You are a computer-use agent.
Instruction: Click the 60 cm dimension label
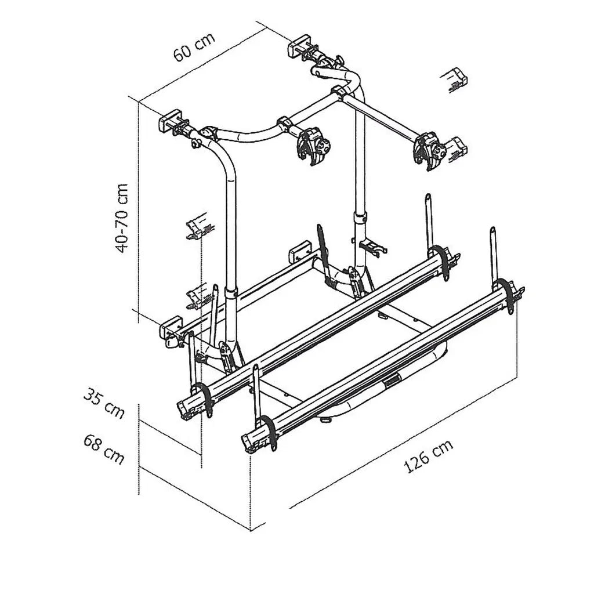[194, 46]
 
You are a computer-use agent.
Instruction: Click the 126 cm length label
[428, 457]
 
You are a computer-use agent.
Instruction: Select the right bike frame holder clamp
[430, 151]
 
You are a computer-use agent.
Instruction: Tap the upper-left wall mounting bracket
[173, 122]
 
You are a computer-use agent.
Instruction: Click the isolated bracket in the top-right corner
[458, 78]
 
